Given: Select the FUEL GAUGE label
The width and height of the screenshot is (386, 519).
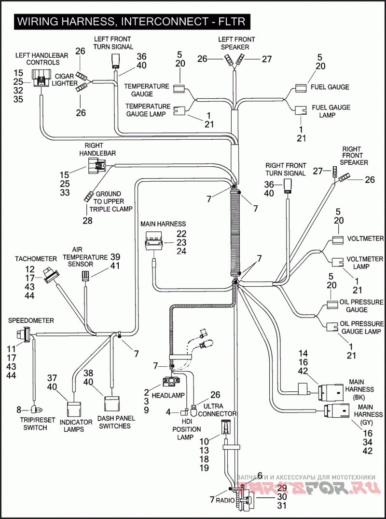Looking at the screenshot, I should [x=330, y=87].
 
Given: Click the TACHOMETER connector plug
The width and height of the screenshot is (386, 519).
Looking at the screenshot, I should [x=50, y=275].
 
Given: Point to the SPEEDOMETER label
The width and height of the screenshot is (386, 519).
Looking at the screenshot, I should [x=31, y=320].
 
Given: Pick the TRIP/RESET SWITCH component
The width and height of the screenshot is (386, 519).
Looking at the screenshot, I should [x=34, y=410].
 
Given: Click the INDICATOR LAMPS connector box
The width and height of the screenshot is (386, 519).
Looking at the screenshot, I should [x=75, y=409].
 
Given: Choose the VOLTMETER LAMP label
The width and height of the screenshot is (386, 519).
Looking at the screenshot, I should [x=358, y=263].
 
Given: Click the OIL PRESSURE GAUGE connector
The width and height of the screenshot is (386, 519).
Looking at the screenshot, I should [x=332, y=305].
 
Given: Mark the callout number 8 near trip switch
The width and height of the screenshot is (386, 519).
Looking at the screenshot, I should [x=19, y=410].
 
